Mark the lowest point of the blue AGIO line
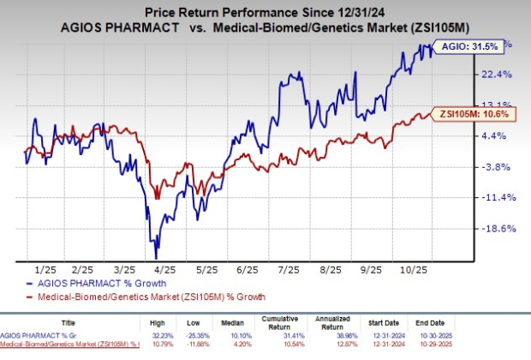click(156, 256)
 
